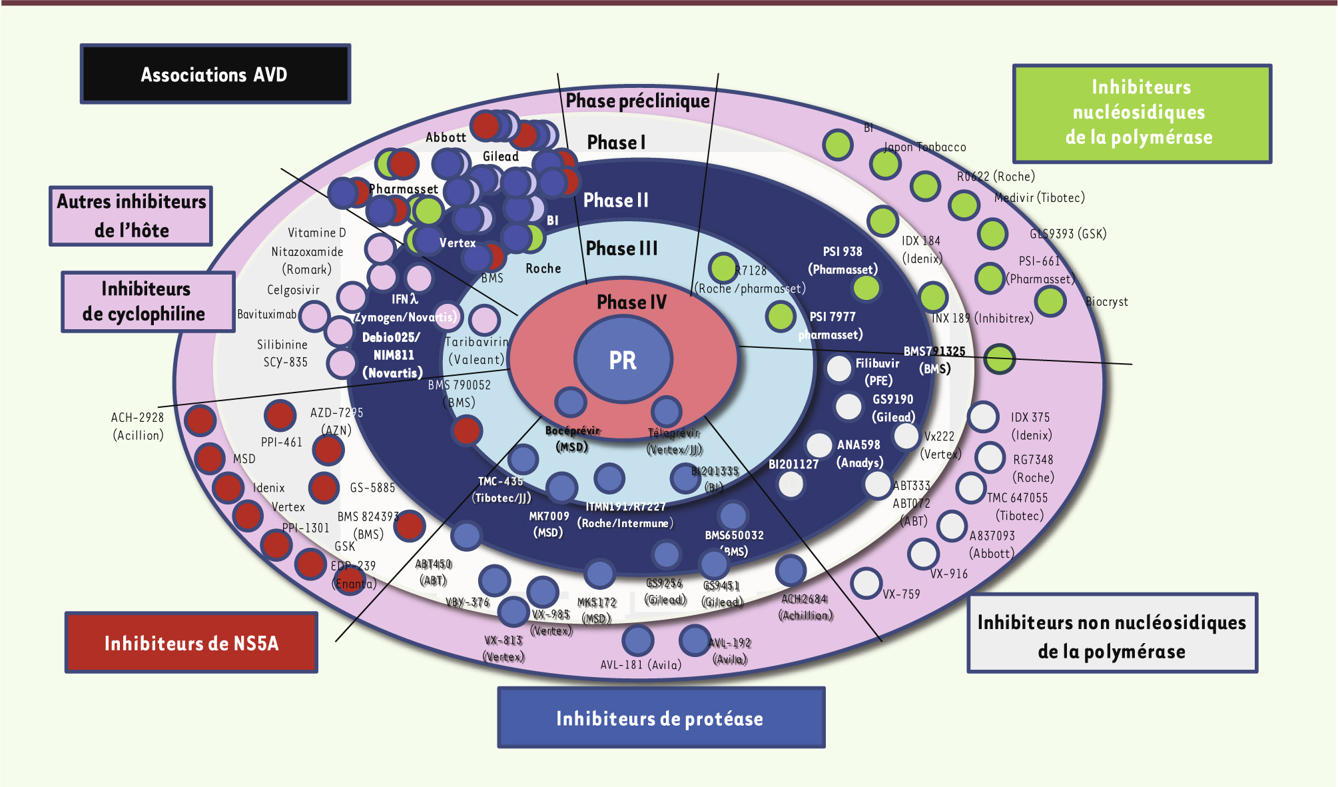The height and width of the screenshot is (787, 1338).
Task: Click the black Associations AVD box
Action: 215,74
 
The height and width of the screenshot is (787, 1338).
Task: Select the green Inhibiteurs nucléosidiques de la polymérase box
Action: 1142,113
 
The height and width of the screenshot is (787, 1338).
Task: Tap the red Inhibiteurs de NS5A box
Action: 191,642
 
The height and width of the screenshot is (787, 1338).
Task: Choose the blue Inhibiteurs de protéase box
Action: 661,718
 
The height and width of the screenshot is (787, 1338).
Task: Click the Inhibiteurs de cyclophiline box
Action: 147,301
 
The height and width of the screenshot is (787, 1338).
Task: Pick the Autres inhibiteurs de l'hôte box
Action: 131,216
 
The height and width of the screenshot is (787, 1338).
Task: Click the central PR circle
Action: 623,360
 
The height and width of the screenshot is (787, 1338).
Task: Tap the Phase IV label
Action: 631,302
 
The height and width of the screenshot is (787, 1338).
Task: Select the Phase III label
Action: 621,249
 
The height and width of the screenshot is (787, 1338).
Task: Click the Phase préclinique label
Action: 637,101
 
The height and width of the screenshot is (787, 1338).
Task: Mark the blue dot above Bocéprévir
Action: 571,402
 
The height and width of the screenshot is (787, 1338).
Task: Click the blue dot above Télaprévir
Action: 666,410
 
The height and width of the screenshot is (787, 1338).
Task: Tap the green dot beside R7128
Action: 723,268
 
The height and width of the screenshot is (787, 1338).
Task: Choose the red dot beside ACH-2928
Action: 200,420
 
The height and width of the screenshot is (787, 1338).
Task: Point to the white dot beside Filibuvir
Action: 839,369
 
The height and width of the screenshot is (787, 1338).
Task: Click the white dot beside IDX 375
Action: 983,417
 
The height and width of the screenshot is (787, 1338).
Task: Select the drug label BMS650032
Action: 734,535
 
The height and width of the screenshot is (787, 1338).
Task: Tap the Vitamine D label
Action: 316,233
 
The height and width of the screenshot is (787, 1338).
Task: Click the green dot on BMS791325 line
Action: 999,359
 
